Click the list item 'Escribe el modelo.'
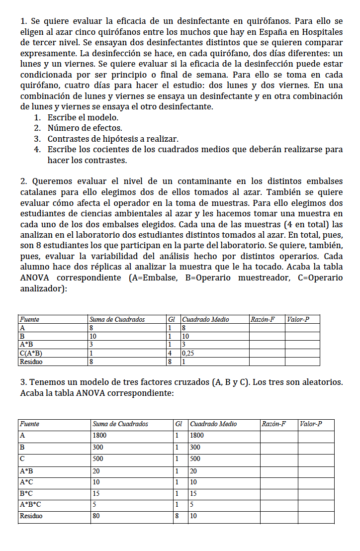(x=83, y=118)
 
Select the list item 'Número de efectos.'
(x=85, y=128)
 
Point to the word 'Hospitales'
(x=321, y=32)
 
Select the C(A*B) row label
(x=30, y=354)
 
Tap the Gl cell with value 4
(x=170, y=354)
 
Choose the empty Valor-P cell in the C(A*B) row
(x=302, y=354)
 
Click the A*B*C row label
(x=30, y=504)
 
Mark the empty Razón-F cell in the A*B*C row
(x=278, y=504)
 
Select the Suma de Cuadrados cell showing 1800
(x=99, y=436)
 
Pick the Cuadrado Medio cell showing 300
(x=196, y=447)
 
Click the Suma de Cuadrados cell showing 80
(x=96, y=516)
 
